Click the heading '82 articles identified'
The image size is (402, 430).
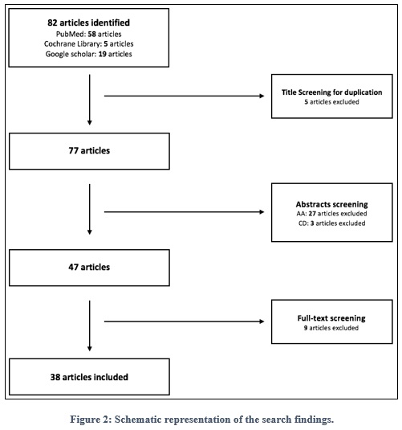point(89,23)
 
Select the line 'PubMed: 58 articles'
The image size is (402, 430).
point(89,34)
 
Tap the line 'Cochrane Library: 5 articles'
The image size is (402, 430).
point(89,44)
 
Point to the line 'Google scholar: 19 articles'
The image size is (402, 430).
point(89,54)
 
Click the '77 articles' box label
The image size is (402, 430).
point(89,150)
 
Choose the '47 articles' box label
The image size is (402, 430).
point(89,267)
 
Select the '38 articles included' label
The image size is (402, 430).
point(89,377)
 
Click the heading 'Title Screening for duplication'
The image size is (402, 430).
point(332,92)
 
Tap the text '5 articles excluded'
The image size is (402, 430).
point(331,102)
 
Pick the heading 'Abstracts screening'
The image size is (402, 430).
point(332,204)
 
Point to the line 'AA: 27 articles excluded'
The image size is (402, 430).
point(332,214)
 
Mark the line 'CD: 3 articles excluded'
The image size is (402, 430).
point(332,223)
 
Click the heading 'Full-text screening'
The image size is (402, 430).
point(331,318)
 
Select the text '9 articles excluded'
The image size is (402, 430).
point(331,328)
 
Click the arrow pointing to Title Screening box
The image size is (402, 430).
point(185,96)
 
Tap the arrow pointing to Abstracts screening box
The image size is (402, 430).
point(185,212)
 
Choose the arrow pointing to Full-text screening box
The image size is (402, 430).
point(185,321)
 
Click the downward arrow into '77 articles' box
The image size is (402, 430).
point(90,100)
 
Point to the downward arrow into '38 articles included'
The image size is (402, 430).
point(90,326)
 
